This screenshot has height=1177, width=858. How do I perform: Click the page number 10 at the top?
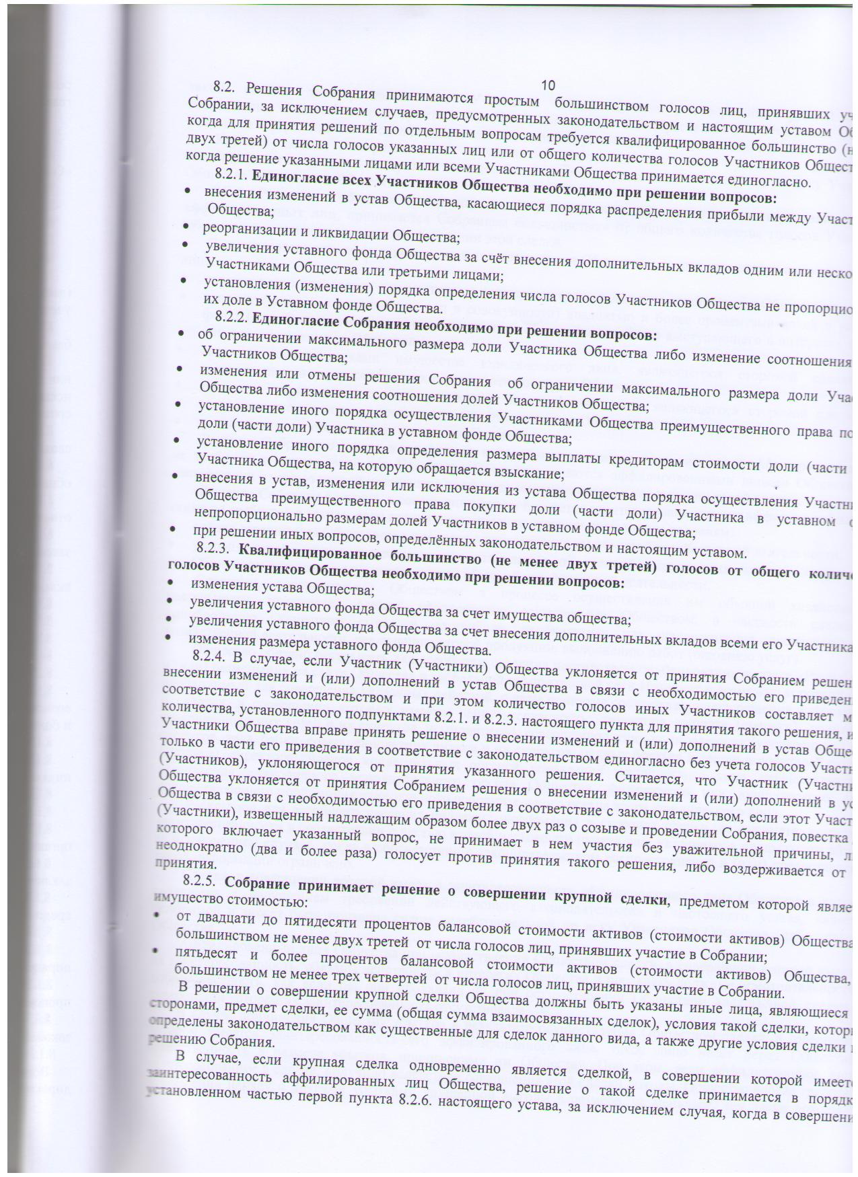coord(547,85)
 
